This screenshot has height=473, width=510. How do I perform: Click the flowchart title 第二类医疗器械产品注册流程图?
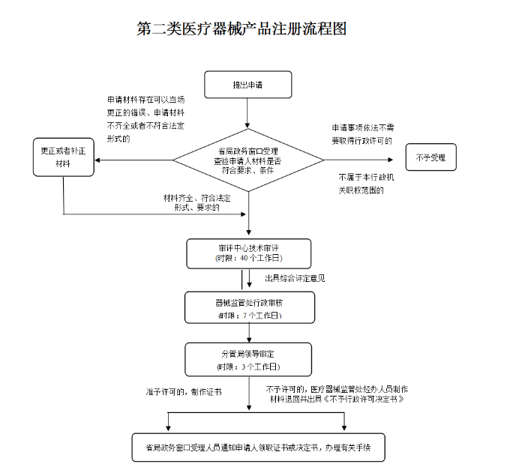(241, 29)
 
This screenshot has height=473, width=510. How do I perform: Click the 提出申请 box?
(247, 85)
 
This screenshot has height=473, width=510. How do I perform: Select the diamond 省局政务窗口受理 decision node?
(247, 160)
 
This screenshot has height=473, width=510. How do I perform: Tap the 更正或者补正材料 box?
(63, 157)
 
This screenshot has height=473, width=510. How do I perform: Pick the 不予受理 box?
(430, 157)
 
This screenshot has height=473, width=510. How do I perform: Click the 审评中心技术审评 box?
(248, 253)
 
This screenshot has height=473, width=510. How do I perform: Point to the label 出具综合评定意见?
(295, 278)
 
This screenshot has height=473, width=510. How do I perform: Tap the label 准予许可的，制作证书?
(184, 392)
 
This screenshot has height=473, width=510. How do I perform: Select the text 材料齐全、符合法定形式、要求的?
(197, 202)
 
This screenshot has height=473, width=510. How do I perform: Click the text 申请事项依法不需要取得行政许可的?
(363, 134)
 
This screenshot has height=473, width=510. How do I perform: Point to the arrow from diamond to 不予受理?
(358, 160)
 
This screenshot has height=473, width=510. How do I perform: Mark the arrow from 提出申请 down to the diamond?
(247, 112)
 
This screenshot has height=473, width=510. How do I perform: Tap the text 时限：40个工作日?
(248, 259)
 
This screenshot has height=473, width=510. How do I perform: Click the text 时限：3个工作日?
(248, 367)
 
